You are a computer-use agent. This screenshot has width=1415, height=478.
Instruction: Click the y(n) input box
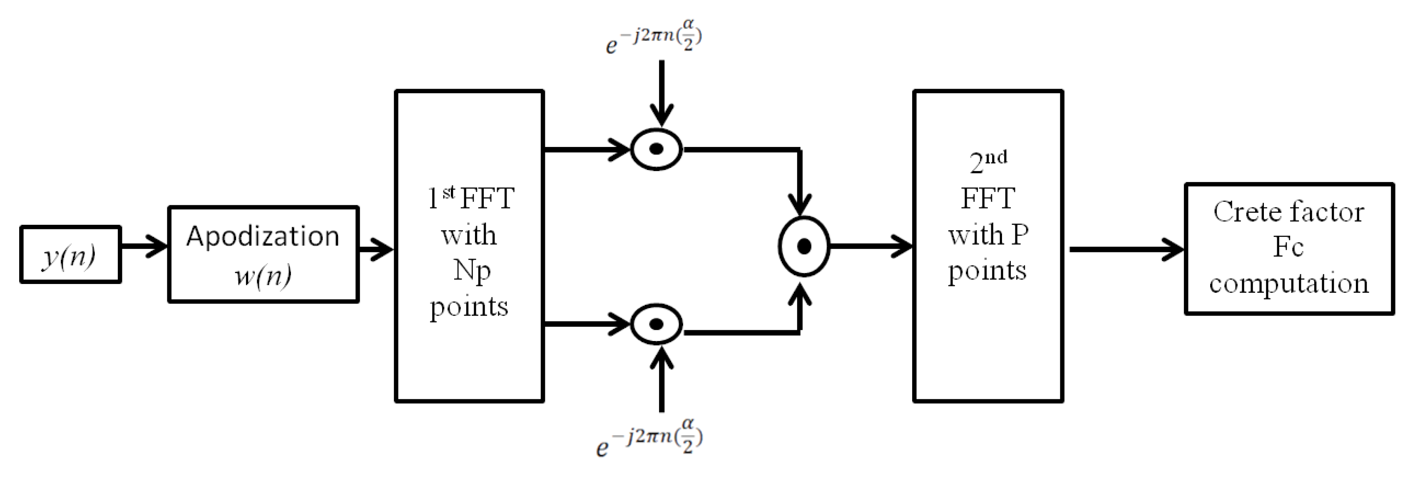coord(70,254)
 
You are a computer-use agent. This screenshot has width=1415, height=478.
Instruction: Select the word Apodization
coord(263,236)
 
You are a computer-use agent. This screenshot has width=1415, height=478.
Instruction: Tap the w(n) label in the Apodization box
coord(263,275)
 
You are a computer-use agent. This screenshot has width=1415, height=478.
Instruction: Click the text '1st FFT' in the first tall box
coord(471,198)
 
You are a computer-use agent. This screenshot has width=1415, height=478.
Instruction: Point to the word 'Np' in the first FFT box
coord(471,270)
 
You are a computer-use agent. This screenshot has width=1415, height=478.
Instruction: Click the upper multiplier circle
coord(656,149)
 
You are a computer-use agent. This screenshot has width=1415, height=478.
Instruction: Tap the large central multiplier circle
coord(803,246)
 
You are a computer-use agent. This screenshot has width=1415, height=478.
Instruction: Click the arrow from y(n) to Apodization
coord(144,246)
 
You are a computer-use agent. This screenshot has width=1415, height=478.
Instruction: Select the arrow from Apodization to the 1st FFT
coord(376,250)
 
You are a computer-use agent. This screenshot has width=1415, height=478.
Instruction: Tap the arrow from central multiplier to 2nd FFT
coord(870,246)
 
